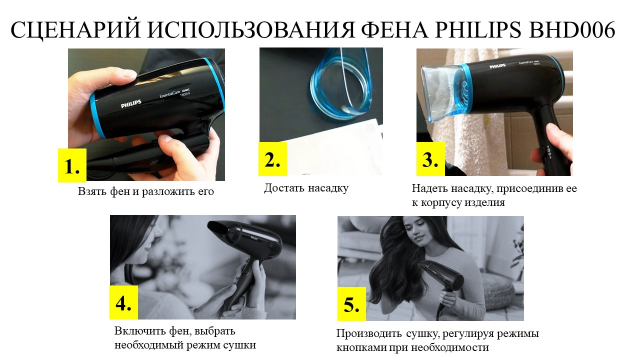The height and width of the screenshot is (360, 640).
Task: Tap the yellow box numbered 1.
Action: [72, 165]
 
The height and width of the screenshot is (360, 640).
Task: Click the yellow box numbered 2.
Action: [272, 159]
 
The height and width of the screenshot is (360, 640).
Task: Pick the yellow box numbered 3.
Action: [430, 159]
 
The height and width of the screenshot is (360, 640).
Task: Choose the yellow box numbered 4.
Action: [123, 302]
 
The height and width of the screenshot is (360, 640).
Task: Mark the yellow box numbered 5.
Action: [351, 304]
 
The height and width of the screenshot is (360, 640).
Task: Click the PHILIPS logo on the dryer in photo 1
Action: [131, 103]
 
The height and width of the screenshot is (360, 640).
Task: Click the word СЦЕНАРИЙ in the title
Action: [75, 30]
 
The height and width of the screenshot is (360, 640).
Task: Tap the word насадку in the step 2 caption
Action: [328, 188]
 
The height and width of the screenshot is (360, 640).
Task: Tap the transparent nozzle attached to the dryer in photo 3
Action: [442, 92]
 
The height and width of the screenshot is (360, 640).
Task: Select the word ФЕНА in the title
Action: [395, 29]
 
